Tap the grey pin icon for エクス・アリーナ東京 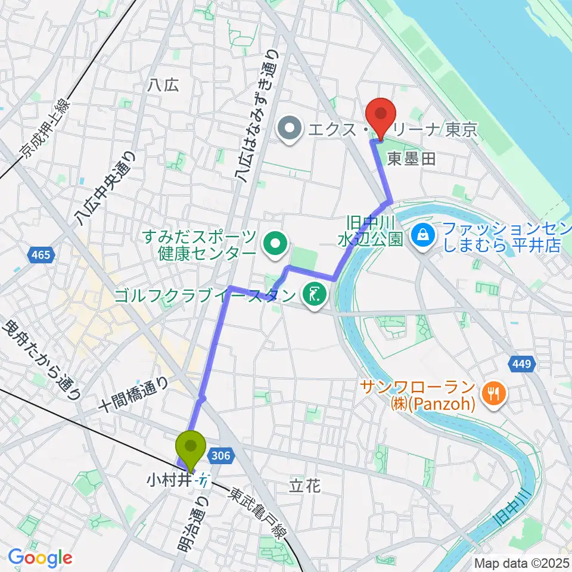click(x=290, y=129)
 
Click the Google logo click(x=40, y=558)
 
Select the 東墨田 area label click(x=412, y=158)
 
